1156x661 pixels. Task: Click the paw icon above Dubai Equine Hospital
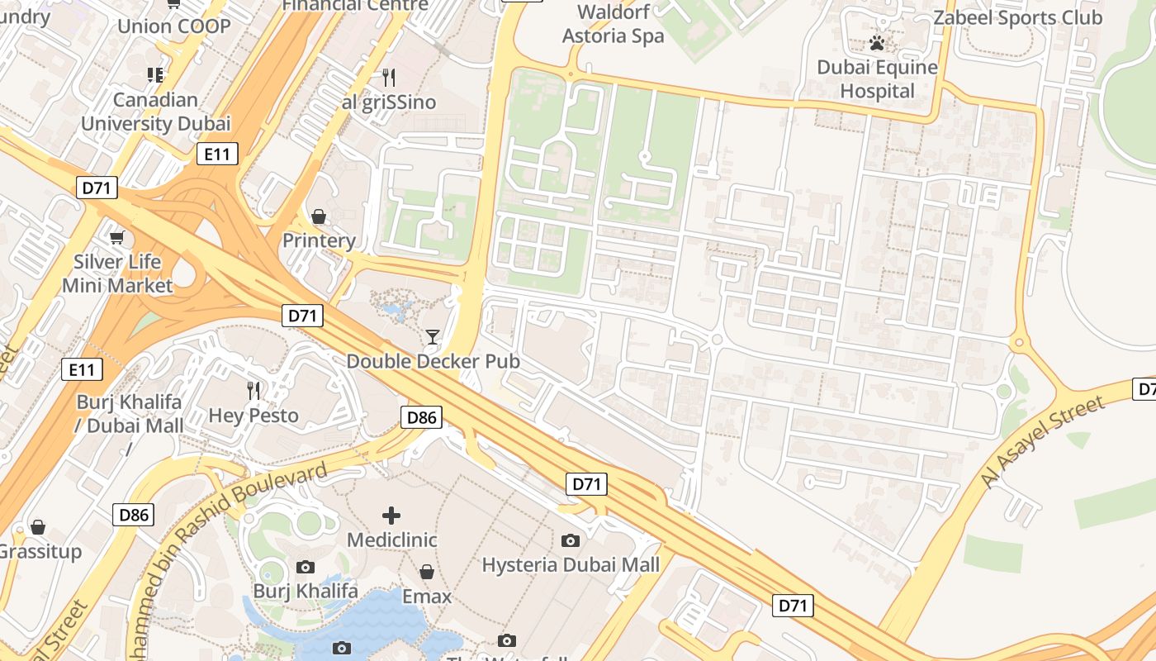tap(877, 42)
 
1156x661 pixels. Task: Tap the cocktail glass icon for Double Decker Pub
tap(432, 336)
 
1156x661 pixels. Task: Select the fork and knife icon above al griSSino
tap(389, 78)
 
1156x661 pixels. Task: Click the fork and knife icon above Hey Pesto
tap(253, 390)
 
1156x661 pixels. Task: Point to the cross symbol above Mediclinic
tap(391, 516)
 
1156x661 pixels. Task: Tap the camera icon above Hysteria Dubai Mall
tap(570, 540)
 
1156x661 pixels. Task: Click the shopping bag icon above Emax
tap(427, 572)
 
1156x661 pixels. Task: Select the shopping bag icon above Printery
tap(319, 216)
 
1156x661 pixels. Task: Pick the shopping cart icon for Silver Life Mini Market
tap(116, 238)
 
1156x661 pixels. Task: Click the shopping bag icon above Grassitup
tap(38, 527)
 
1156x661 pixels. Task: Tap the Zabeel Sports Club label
tap(1017, 17)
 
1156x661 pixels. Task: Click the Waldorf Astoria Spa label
tap(613, 24)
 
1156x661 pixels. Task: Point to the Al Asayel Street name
tap(1041, 443)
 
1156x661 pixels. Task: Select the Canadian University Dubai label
tap(155, 112)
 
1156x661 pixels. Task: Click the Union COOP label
tap(173, 26)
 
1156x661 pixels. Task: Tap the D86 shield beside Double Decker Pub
tap(421, 417)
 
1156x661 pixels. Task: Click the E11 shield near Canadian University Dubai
tap(218, 153)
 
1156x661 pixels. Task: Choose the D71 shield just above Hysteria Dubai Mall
tap(586, 484)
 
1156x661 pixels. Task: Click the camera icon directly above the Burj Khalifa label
tap(306, 567)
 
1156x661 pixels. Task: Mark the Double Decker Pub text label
tap(433, 361)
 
